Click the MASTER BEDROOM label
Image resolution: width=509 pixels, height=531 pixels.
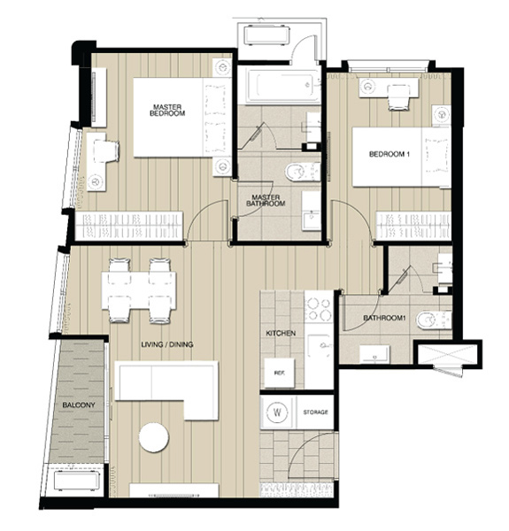(167, 111)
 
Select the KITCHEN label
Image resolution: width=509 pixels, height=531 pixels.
(281, 334)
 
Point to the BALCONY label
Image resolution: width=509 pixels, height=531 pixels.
(79, 405)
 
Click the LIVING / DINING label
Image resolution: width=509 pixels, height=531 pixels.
(167, 345)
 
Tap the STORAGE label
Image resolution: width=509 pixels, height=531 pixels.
(315, 412)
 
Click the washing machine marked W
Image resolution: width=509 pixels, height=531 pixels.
(277, 412)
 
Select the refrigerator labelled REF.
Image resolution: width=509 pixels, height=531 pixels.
(280, 373)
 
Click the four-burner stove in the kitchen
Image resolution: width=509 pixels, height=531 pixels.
(319, 309)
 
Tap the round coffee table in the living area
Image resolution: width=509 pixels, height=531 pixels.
(154, 437)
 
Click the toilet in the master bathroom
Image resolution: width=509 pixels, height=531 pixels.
(303, 172)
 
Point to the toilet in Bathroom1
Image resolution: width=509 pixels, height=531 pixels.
(434, 320)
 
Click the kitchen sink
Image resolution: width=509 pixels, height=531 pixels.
(320, 345)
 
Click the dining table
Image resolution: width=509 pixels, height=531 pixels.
(139, 290)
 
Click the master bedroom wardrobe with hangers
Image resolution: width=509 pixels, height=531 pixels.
(128, 225)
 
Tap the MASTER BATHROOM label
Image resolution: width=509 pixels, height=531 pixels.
(266, 201)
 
